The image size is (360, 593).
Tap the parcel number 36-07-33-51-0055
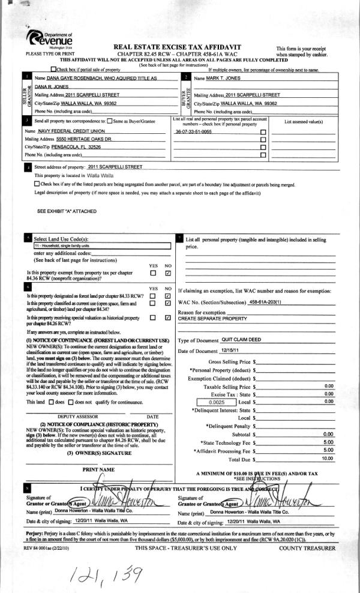tap(193, 130)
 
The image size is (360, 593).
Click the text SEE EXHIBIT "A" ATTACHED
tap(65, 211)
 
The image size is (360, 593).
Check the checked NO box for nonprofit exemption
tap(168, 274)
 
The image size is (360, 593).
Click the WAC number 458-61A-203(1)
tap(265, 301)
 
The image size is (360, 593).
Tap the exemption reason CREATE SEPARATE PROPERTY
tap(212, 318)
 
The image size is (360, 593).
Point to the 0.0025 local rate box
tap(214, 402)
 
